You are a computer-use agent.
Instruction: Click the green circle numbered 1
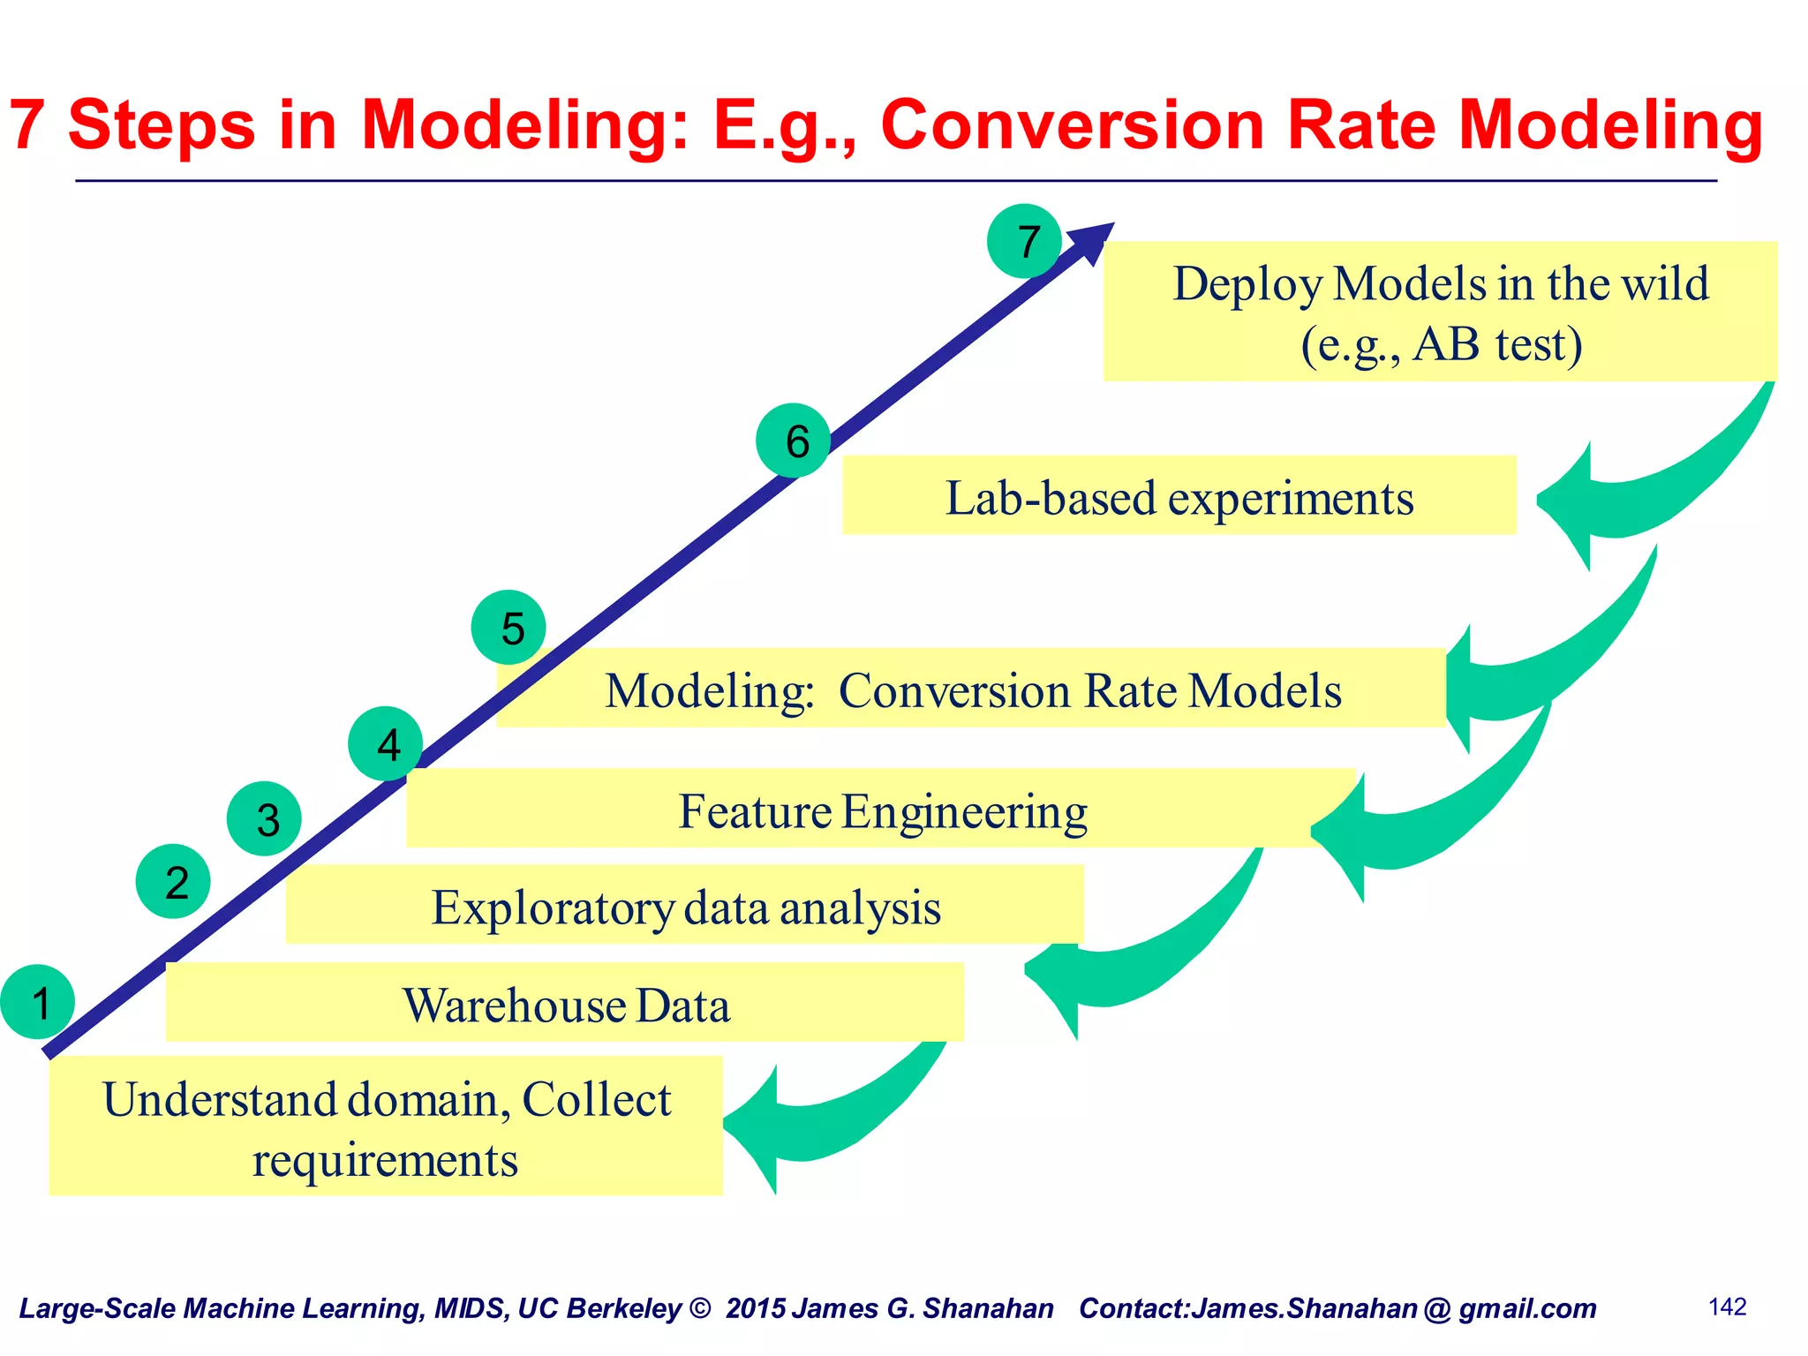(38, 1002)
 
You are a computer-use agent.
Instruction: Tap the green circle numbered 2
(173, 881)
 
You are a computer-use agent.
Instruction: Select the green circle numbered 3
(264, 818)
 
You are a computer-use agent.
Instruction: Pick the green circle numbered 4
(386, 743)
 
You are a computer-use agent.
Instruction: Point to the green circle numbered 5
(508, 628)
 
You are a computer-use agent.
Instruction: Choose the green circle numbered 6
(793, 441)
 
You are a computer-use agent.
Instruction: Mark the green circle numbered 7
(1024, 241)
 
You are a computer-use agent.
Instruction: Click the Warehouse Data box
(565, 1003)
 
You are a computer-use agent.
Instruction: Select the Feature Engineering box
(881, 809)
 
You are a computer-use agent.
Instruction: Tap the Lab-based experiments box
(1179, 495)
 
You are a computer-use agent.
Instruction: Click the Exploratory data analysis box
(684, 905)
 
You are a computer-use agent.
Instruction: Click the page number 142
(1727, 1307)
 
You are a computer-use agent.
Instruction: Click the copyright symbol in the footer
(700, 1308)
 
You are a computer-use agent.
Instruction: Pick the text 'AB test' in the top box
(1497, 344)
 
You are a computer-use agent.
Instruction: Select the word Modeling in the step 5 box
(709, 690)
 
